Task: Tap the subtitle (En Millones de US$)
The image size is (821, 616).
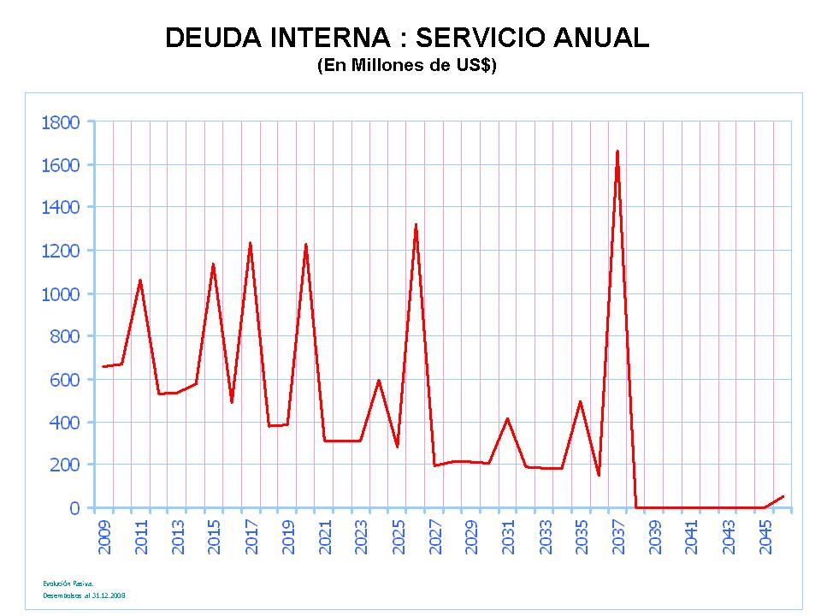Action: [x=406, y=65]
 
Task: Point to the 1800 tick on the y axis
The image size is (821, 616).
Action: [x=60, y=122]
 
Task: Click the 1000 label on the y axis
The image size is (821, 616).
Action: [x=60, y=293]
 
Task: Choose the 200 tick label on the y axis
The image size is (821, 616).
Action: [x=66, y=465]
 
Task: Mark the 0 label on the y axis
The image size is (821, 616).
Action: [x=74, y=508]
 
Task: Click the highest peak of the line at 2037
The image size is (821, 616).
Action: [x=617, y=151]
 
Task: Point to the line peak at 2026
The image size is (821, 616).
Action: [x=416, y=224]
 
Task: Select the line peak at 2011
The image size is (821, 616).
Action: [x=140, y=280]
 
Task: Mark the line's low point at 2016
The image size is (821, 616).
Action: [x=232, y=402]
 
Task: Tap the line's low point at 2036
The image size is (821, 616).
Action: [x=599, y=476]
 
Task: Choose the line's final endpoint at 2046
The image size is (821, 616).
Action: [x=783, y=496]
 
